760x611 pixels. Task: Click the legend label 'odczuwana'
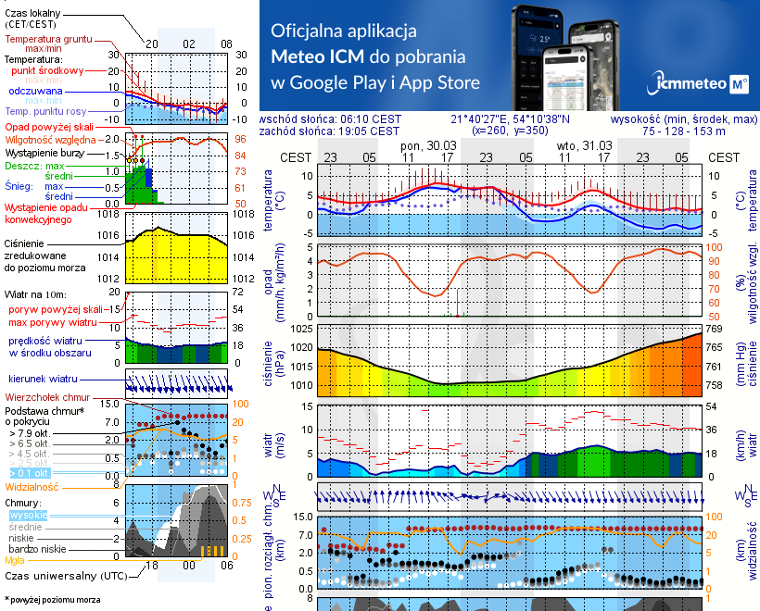pos(36,92)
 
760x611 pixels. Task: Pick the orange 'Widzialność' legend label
pos(32,486)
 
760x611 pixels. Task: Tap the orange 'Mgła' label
pos(15,559)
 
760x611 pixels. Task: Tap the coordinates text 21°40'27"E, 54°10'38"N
pos(511,119)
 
